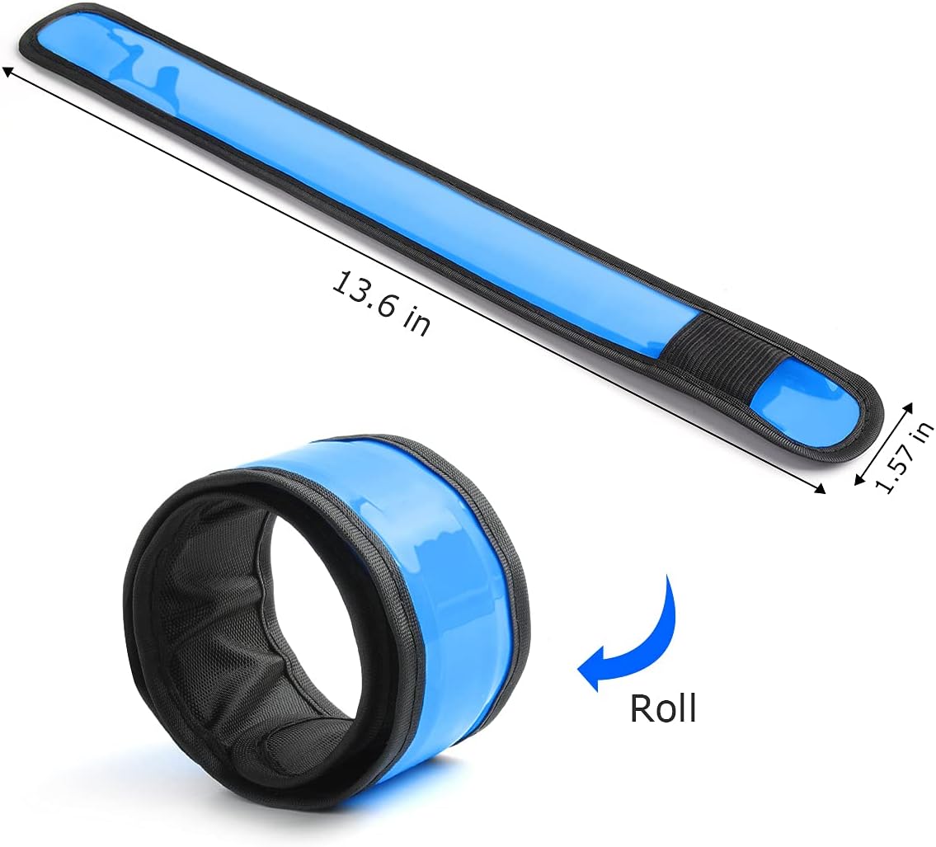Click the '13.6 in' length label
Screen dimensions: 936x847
click(381, 303)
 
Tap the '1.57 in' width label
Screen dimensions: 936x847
click(901, 457)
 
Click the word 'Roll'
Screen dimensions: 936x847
click(663, 708)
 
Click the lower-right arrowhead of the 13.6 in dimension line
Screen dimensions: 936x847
click(821, 488)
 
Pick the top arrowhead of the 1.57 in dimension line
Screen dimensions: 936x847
click(908, 407)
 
